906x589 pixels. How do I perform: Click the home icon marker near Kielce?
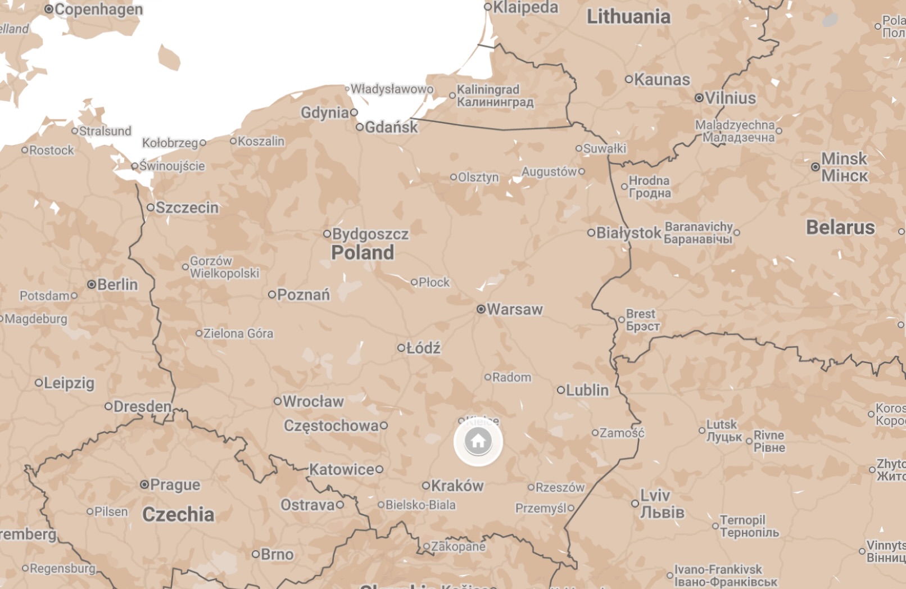point(478,441)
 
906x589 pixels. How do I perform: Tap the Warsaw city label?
point(515,310)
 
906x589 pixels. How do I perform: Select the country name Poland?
point(363,253)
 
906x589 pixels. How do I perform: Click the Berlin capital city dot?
point(92,284)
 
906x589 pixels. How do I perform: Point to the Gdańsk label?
point(391,128)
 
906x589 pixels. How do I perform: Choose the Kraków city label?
point(457,486)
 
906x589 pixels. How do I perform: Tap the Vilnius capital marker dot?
point(699,98)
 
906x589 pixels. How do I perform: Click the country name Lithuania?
point(628,17)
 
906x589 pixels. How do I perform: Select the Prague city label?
point(175,484)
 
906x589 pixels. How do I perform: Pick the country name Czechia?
point(178,514)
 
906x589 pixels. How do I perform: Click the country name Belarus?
point(840,228)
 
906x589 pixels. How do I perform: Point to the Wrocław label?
point(313,401)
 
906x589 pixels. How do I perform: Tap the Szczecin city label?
point(187,208)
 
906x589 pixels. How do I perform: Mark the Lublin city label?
point(587,390)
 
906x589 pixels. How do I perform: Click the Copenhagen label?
point(98,10)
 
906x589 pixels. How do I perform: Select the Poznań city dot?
point(272,294)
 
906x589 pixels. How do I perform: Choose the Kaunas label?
point(662,80)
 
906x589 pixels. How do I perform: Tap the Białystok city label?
point(629,233)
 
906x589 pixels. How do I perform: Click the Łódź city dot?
point(401,348)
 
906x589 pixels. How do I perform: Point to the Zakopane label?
point(458,546)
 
